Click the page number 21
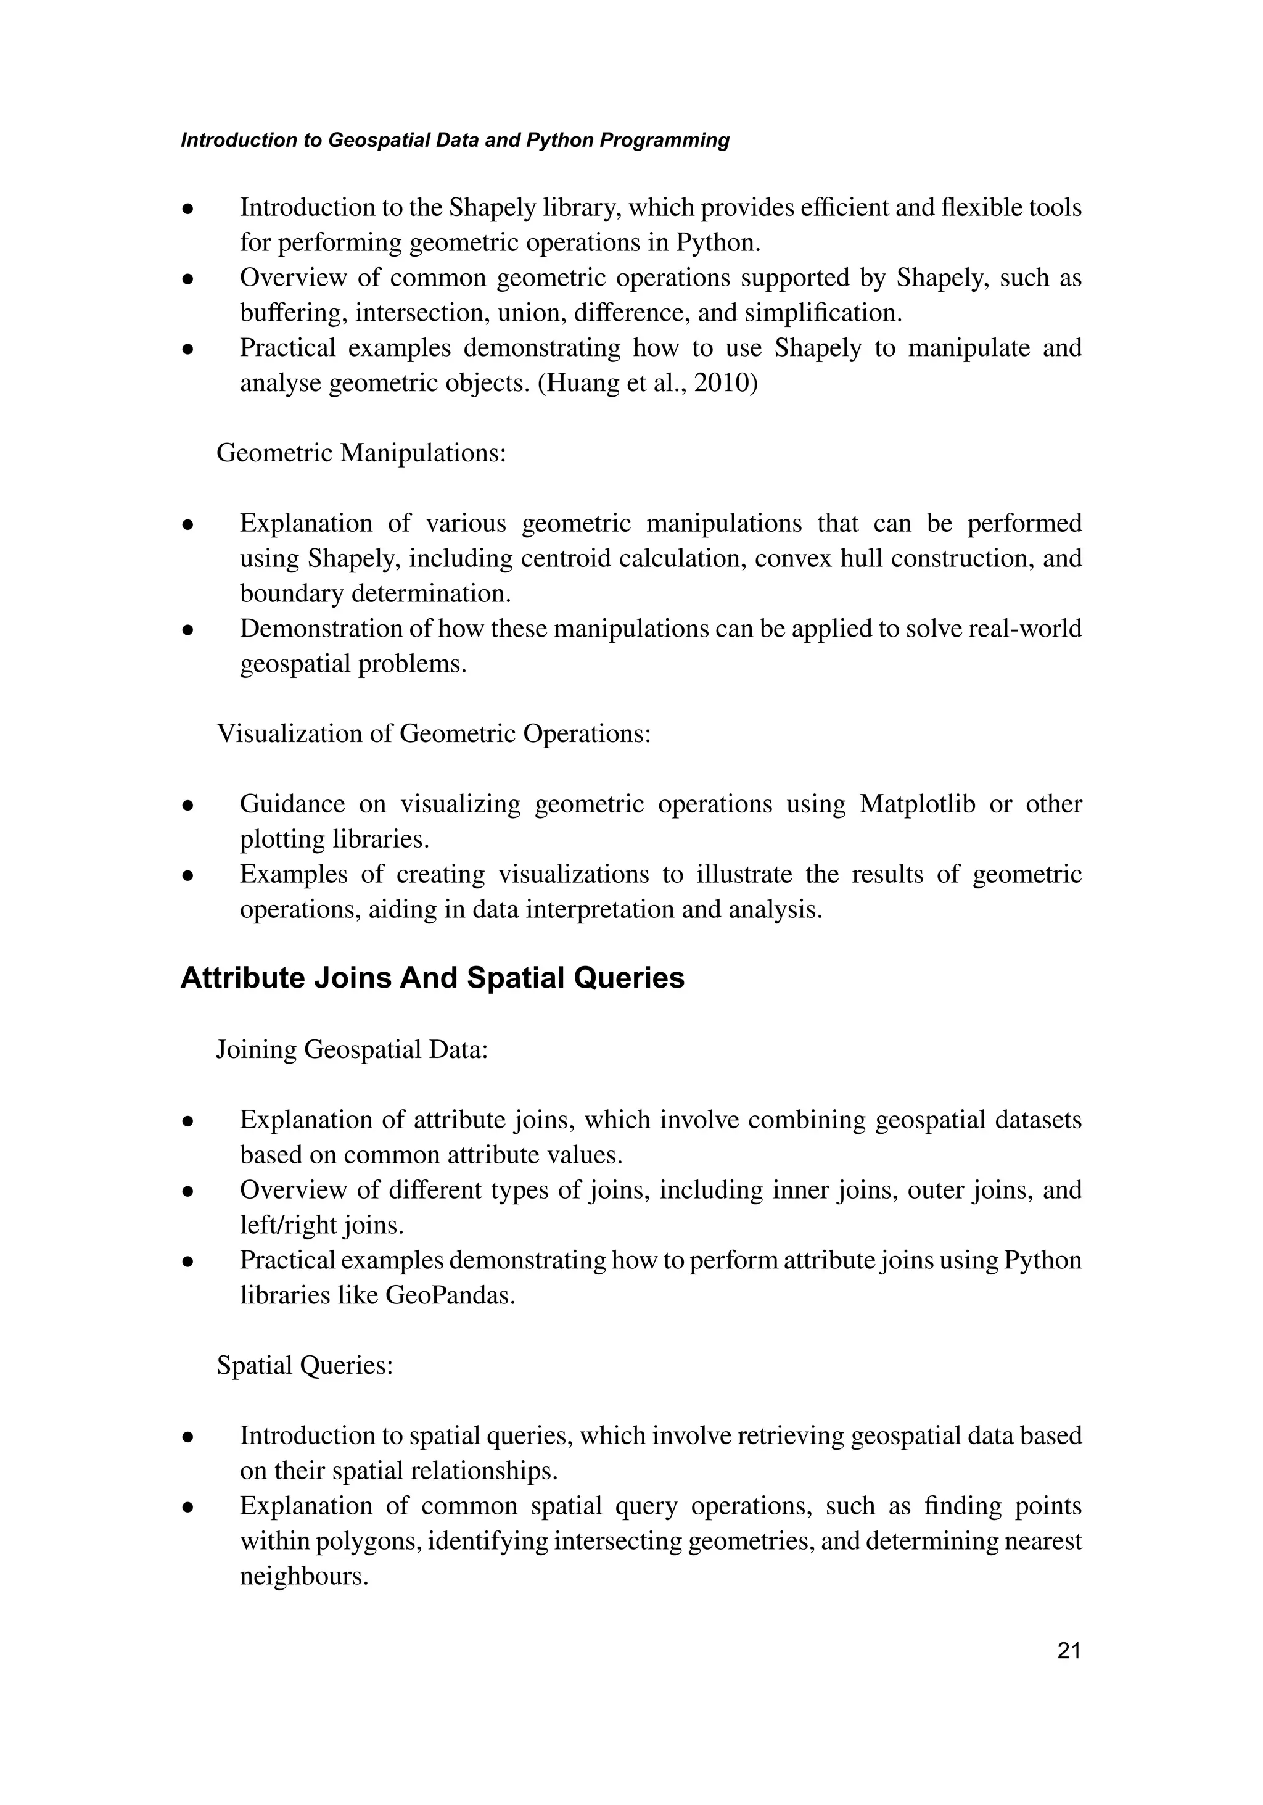pyautogui.click(x=1069, y=1651)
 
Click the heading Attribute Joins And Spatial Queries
pyautogui.click(x=432, y=978)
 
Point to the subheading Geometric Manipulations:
pyautogui.click(x=361, y=453)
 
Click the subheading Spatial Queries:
pyautogui.click(x=304, y=1366)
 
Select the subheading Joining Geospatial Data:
pyautogui.click(x=352, y=1049)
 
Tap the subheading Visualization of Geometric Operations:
pyautogui.click(x=434, y=734)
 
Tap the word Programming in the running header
pyautogui.click(x=665, y=141)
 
